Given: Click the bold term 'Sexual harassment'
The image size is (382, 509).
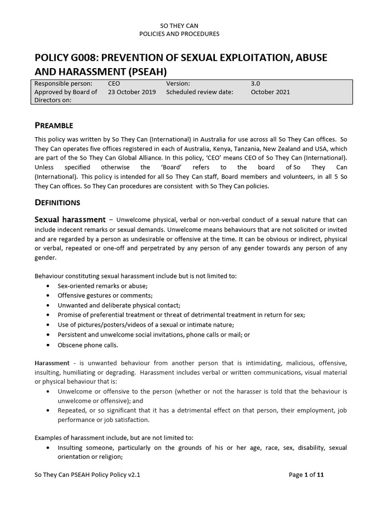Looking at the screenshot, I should point(70,219).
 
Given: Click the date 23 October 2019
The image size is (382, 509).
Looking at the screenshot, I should point(131,92).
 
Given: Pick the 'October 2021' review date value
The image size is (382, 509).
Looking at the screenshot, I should point(270,92).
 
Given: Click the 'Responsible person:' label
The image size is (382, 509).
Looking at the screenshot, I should point(63,84).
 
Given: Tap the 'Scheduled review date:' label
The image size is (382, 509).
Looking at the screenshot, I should point(199,92).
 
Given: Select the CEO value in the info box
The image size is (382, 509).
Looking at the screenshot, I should point(114,84).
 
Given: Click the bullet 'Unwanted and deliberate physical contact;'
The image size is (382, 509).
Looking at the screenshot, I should point(119,305).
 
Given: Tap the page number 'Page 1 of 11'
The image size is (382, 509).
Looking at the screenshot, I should point(306,475).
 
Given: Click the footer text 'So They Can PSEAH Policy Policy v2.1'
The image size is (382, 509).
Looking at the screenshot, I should point(88,475).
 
